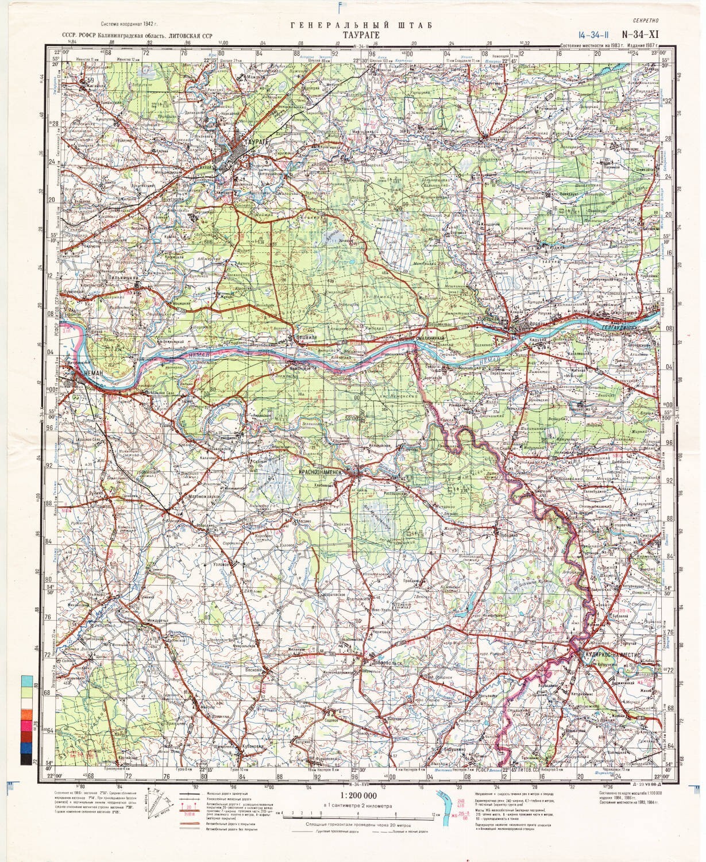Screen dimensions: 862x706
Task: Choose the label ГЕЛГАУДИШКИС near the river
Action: click(x=632, y=325)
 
